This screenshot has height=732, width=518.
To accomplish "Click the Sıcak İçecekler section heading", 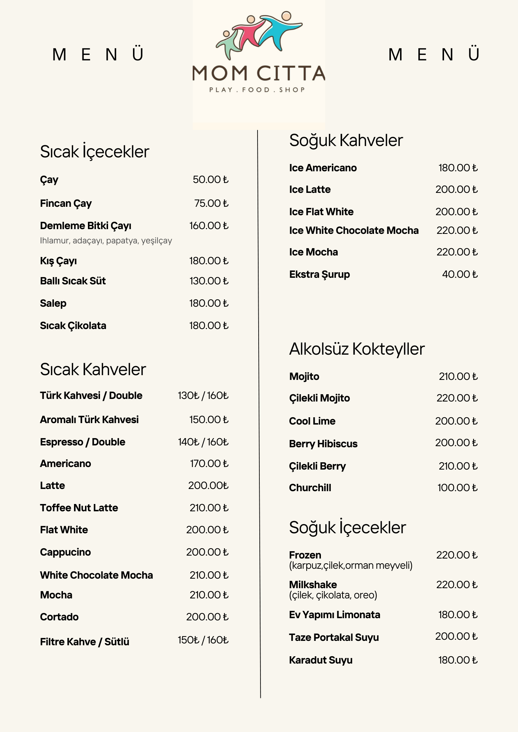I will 95,152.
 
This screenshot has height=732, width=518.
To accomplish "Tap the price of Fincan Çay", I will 211,203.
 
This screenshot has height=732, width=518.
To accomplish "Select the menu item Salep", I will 53,303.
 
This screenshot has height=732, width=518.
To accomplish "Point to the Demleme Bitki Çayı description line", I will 106,240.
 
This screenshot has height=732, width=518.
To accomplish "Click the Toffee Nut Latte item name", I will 79,508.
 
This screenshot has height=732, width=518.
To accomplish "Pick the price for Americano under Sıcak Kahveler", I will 209,463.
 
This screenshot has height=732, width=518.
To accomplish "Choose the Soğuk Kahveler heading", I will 346,140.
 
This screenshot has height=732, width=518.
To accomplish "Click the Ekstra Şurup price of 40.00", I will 460,274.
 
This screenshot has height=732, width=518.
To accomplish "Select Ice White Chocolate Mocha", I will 354,230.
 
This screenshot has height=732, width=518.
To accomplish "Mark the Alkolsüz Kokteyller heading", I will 357,349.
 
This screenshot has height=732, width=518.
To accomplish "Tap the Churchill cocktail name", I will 310,488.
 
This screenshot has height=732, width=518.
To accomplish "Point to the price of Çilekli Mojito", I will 457,398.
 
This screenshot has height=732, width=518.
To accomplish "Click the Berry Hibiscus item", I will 323,444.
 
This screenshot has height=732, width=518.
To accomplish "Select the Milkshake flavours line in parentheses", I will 333,595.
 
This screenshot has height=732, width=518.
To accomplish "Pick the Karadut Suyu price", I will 458,660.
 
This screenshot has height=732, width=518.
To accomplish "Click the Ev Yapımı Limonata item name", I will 334,615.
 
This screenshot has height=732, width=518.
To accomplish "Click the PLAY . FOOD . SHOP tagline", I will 257,90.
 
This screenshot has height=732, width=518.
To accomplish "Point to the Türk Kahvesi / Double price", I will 203,395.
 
